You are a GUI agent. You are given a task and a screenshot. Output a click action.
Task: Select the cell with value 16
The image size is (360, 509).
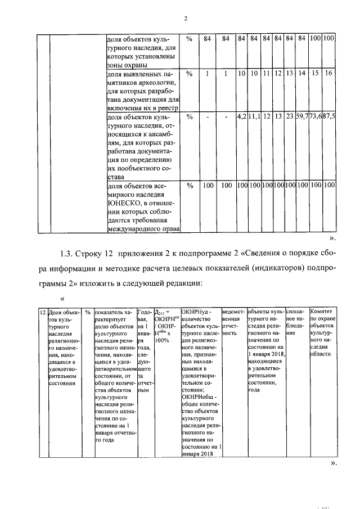coord(330,74)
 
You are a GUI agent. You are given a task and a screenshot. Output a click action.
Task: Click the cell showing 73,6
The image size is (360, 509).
coord(316,116)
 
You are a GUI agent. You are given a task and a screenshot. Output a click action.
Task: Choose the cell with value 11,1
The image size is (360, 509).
coord(254,116)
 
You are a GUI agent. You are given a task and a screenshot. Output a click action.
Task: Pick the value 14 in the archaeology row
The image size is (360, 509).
coord(302,74)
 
